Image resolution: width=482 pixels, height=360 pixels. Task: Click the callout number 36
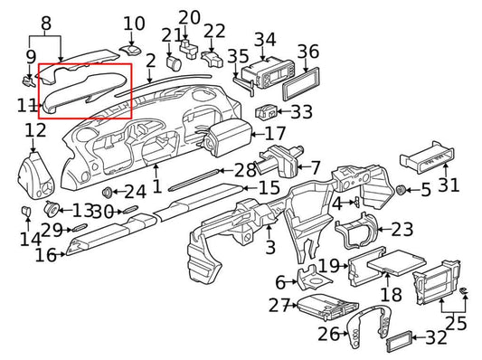307,52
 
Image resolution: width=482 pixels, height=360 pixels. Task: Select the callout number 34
264,40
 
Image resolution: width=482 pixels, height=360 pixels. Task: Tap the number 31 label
449,185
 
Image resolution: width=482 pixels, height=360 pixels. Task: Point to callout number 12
34,133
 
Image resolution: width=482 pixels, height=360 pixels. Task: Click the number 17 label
274,133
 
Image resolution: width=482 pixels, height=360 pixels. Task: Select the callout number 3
269,247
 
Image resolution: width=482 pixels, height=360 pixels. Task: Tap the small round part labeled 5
400,191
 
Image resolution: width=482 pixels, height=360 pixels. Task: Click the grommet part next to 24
109,192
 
